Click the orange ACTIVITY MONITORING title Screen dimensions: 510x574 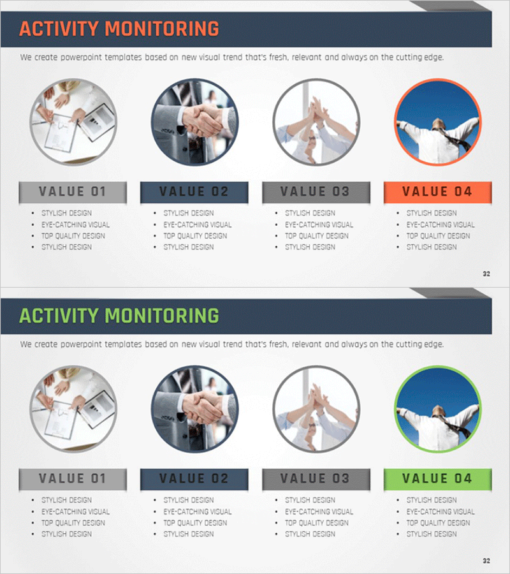119,29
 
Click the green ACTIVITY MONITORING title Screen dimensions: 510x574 119,316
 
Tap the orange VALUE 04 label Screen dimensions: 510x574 437,192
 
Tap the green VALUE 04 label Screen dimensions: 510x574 437,479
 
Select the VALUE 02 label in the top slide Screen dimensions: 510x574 194,192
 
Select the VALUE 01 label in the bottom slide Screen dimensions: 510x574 73,479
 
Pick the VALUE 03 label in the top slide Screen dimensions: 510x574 316,192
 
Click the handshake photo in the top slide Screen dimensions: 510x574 194,122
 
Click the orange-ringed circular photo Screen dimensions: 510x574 438,122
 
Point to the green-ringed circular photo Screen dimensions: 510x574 438,409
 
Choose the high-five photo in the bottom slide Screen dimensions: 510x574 316,409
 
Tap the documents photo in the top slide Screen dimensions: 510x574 73,122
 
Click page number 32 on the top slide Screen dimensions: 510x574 486,274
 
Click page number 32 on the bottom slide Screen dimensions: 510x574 486,561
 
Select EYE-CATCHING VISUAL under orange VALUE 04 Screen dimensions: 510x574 441,224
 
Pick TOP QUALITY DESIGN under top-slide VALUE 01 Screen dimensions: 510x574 73,236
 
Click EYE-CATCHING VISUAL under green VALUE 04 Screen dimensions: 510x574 441,511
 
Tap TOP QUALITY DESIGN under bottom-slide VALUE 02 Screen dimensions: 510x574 195,523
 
